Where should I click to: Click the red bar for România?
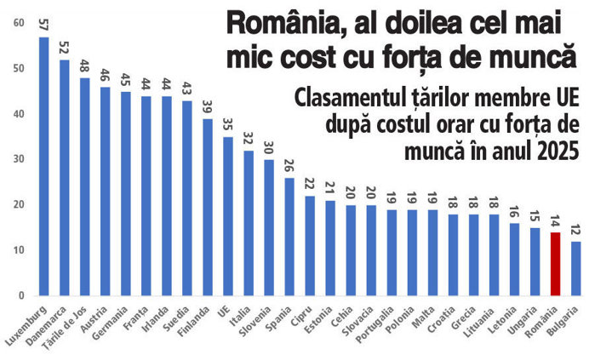[x=555, y=264]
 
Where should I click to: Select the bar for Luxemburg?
[x=44, y=166]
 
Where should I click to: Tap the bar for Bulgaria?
[x=575, y=269]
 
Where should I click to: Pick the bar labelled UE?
[x=228, y=216]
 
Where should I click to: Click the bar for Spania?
[x=289, y=237]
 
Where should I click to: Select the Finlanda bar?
[x=208, y=207]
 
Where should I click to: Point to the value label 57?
[x=43, y=25]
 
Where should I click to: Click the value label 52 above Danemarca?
[x=64, y=48]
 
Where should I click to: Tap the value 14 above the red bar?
[x=555, y=221]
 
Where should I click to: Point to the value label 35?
[x=228, y=125]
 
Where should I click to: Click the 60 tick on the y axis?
[x=19, y=23]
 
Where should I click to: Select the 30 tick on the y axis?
[x=19, y=159]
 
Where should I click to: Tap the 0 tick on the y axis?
[x=21, y=295]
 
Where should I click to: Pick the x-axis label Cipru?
[x=301, y=317]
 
